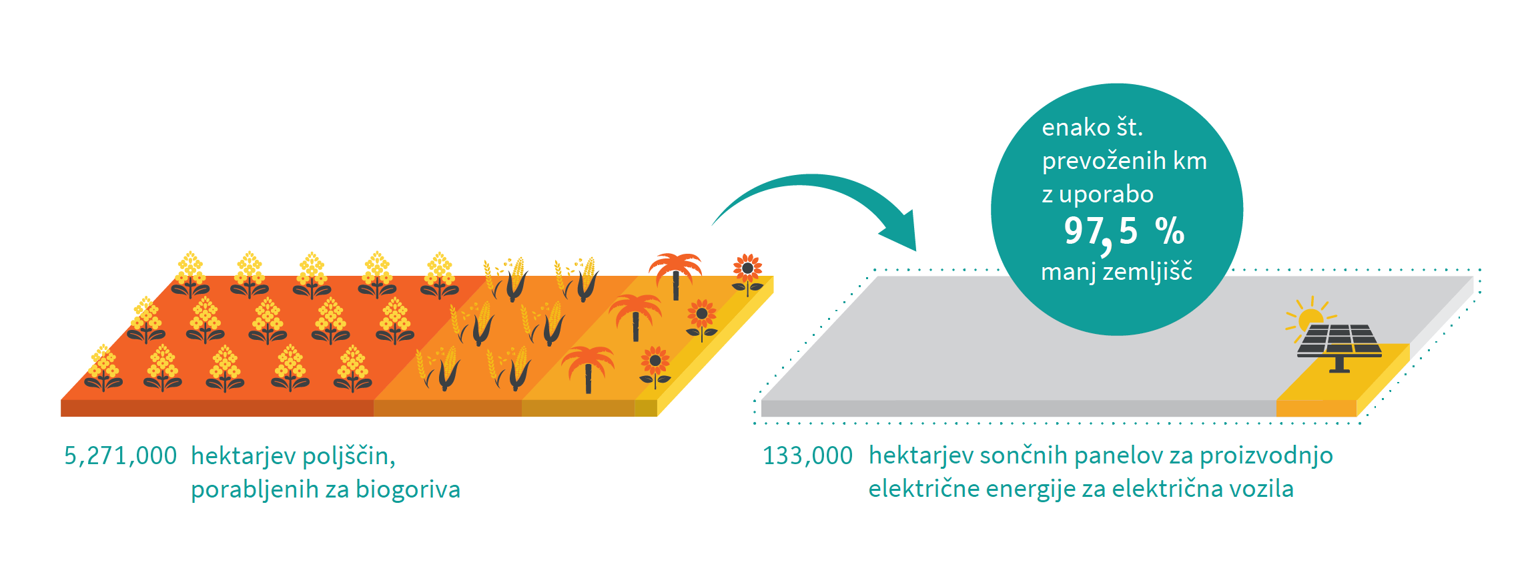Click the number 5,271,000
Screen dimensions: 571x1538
tap(120, 456)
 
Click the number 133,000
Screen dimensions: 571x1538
tap(807, 456)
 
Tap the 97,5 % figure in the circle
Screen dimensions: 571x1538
tap(1124, 232)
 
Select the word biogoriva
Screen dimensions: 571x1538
tap(408, 490)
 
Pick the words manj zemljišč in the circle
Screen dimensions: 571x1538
tap(1116, 272)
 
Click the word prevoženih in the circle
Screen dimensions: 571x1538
tap(1094, 162)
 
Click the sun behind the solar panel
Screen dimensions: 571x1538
tap(1309, 317)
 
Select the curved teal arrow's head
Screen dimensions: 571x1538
tap(901, 234)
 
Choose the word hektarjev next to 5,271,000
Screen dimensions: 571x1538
tap(243, 456)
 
